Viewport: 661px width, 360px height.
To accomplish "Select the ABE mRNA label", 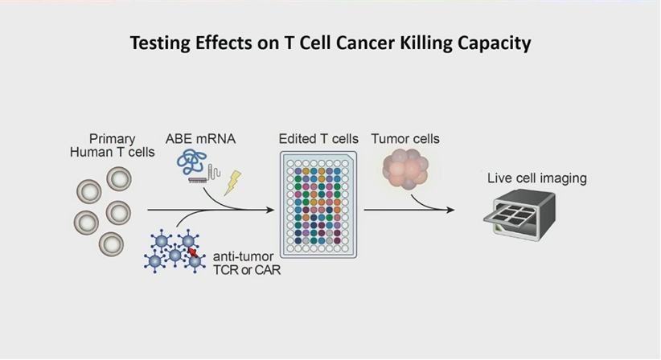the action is pos(200,139).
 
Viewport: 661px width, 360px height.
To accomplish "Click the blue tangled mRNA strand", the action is pos(192,162).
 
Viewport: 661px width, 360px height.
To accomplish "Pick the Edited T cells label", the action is pos(318,139).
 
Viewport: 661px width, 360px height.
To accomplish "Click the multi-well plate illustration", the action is pos(318,205).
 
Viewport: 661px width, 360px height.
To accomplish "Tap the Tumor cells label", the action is pos(405,139).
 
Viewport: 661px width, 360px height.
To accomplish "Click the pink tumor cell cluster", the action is pos(405,169).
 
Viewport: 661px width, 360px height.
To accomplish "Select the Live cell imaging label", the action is pos(537,178).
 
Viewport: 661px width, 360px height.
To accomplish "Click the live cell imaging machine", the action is pos(519,215).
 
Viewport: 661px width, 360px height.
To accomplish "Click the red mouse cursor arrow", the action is pos(193,252).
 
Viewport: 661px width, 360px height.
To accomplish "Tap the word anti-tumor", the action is pos(243,256).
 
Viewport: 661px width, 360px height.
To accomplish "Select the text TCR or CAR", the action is pos(247,270).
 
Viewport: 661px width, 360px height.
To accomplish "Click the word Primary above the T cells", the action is pos(112,139).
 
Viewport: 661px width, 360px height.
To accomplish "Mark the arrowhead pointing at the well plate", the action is pos(270,209).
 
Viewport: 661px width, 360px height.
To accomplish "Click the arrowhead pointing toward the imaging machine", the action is pos(450,209).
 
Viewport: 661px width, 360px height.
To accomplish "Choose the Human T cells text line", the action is pos(112,152).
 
